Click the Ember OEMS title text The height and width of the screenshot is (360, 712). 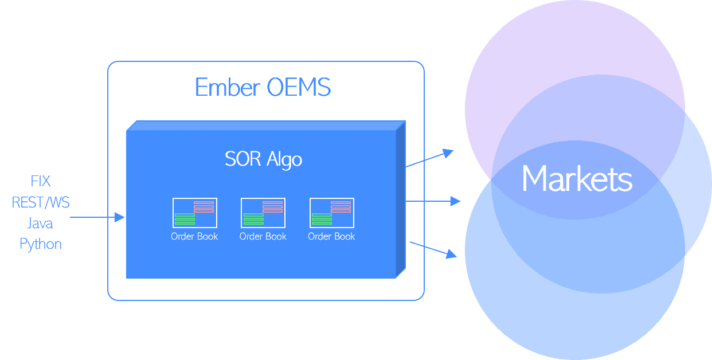(x=263, y=88)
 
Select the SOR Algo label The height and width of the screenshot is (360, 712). (x=263, y=159)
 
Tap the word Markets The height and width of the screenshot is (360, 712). (x=577, y=179)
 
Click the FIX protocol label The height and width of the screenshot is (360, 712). (x=41, y=182)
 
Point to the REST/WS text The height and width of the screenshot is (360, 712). (x=41, y=202)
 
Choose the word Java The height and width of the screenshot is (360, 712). (x=41, y=223)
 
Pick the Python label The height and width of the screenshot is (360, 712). (x=41, y=244)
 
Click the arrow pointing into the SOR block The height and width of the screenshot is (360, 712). (x=97, y=217)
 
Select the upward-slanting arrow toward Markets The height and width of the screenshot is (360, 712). (x=429, y=159)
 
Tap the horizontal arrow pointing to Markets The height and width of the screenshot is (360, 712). (x=433, y=201)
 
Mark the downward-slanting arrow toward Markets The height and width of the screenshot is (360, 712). (x=433, y=249)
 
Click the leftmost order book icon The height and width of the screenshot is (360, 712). (x=194, y=213)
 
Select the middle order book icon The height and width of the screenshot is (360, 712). (x=263, y=213)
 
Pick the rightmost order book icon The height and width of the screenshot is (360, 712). (x=331, y=213)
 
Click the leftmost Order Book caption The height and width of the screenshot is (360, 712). (x=194, y=236)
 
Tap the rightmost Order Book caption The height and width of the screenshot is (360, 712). (x=331, y=236)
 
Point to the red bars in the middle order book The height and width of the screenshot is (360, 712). (x=272, y=207)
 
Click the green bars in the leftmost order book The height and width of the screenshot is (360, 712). (x=185, y=218)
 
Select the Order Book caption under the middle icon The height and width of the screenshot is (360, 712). (x=263, y=236)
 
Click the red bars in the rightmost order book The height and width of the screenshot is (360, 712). (x=341, y=207)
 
